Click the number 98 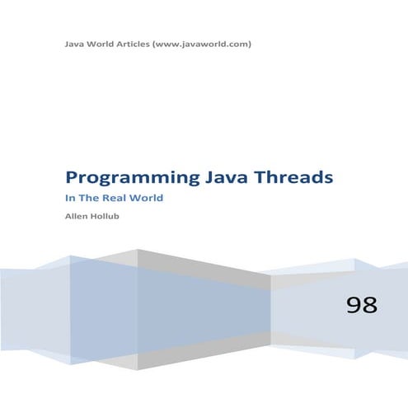point(361,305)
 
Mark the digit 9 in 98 point(354,305)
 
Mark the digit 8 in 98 point(369,305)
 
